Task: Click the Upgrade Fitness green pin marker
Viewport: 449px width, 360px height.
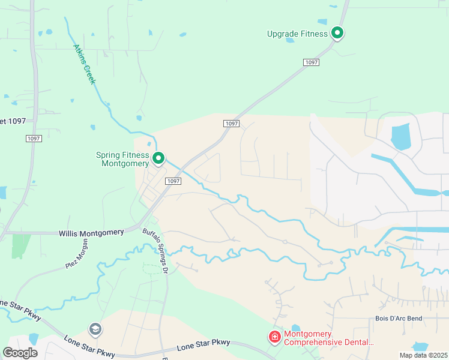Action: click(337, 34)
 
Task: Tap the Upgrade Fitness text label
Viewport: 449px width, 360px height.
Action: click(297, 34)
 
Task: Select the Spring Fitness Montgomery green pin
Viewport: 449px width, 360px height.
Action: click(158, 158)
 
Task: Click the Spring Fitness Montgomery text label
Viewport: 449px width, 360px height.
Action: click(122, 159)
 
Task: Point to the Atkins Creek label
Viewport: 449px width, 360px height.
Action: click(84, 64)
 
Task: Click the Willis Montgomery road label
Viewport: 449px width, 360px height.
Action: click(91, 232)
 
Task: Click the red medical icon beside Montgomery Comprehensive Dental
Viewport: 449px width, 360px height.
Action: click(275, 338)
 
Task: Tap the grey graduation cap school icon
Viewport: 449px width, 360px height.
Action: click(95, 329)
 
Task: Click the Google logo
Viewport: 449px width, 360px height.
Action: click(20, 352)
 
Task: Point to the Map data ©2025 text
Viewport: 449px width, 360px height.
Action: click(423, 355)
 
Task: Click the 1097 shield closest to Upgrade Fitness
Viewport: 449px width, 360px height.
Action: click(311, 62)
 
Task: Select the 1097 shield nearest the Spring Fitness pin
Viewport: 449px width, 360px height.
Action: click(172, 181)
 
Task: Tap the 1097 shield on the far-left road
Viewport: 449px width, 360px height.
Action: click(34, 139)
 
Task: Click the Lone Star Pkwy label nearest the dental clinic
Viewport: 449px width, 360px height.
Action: click(204, 343)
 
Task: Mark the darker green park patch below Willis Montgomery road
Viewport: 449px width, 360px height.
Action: click(21, 245)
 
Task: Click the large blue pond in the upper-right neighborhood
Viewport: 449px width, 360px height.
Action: click(400, 136)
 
